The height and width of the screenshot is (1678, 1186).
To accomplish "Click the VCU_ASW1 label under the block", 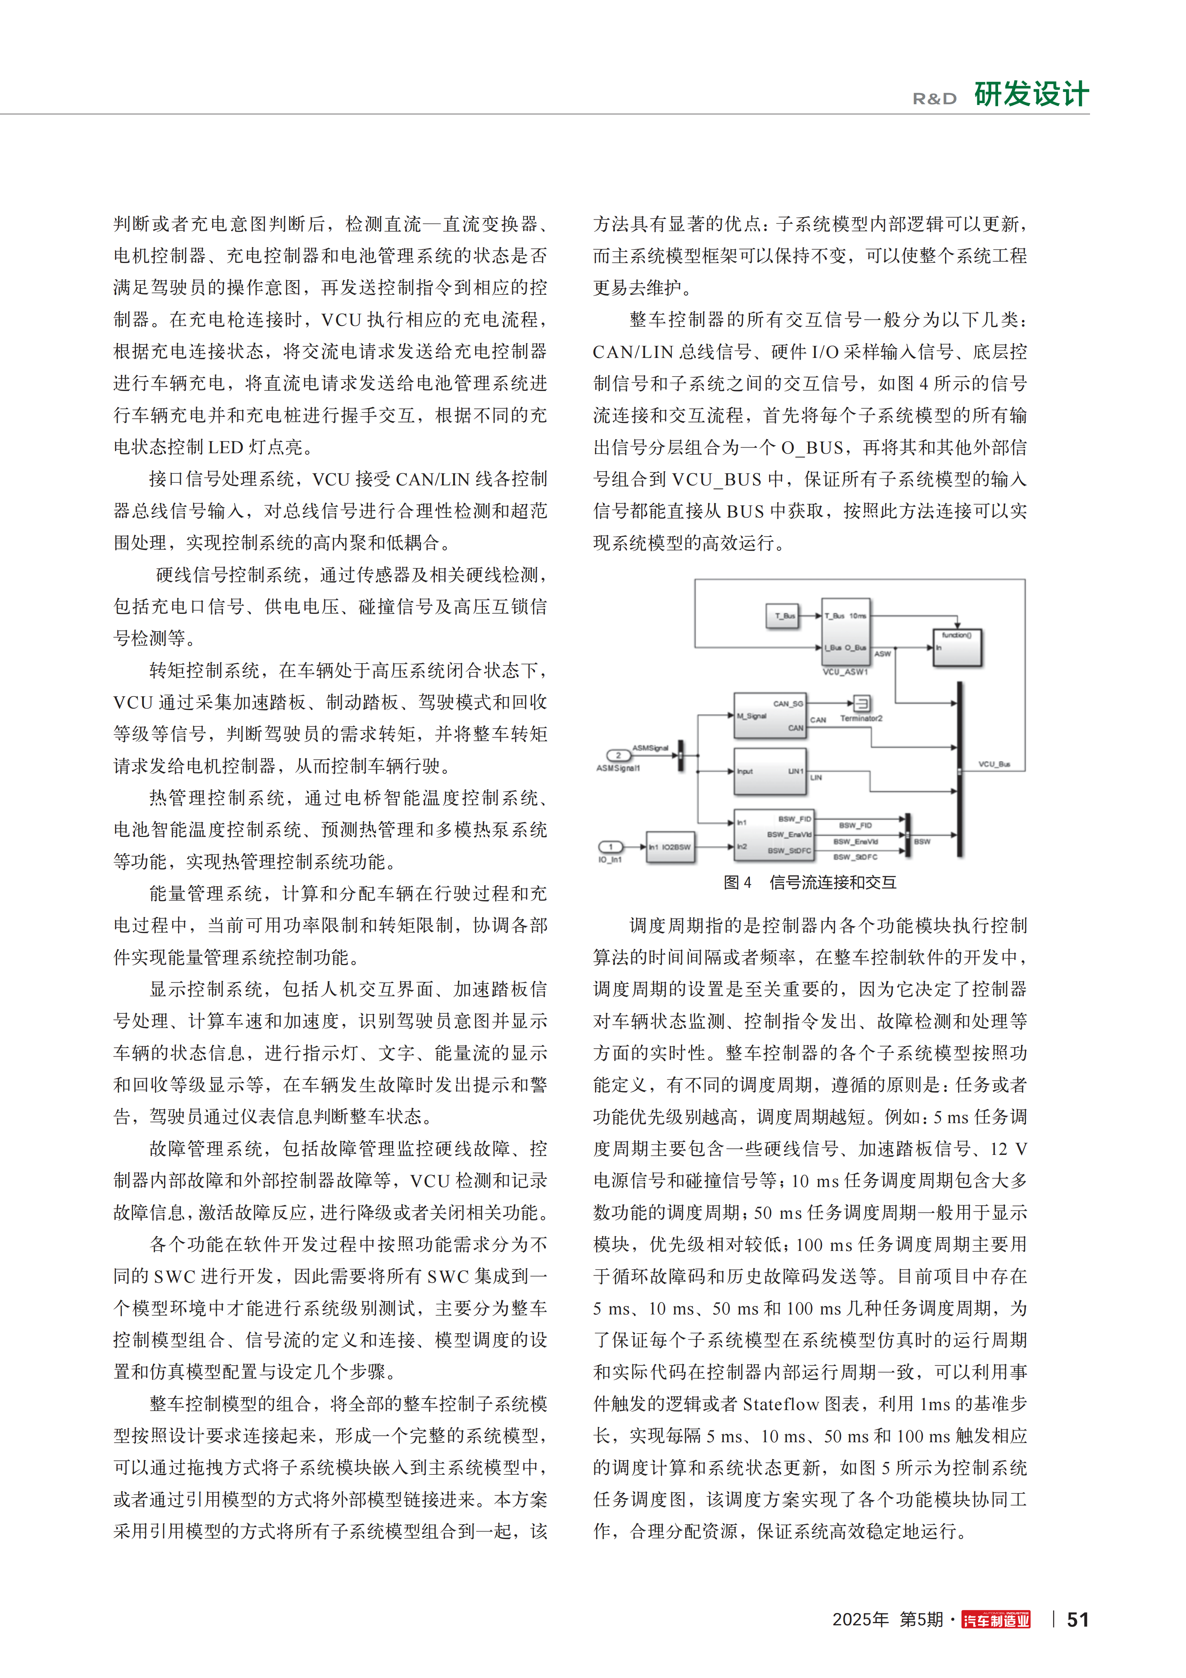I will [x=845, y=672].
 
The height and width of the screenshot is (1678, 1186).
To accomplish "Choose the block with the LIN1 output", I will [x=769, y=771].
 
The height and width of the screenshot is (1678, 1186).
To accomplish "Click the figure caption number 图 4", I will [x=737, y=882].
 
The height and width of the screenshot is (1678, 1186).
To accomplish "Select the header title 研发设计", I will [x=1031, y=94].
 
